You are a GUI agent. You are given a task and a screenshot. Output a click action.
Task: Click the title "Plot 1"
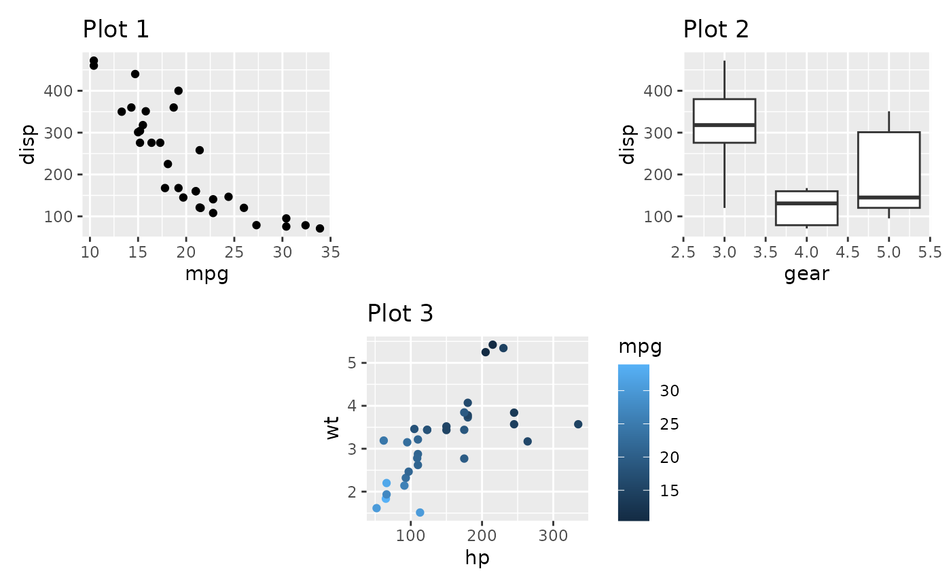tap(115, 30)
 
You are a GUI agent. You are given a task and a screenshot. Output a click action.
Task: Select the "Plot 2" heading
tap(716, 30)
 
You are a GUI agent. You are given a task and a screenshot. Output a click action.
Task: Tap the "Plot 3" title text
tap(400, 313)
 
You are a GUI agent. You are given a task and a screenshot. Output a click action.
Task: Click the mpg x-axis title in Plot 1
tap(206, 275)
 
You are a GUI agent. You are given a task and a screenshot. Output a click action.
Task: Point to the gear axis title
tap(806, 275)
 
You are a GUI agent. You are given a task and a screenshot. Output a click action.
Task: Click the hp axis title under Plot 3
tap(477, 558)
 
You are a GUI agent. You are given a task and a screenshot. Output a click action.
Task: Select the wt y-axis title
tap(332, 429)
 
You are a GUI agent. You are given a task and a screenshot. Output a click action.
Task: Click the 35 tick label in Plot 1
tap(330, 253)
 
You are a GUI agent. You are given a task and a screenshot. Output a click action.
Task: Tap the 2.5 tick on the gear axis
tap(684, 253)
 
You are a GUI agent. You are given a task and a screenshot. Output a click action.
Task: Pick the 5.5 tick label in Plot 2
tap(929, 253)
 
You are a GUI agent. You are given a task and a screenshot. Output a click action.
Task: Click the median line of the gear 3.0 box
tap(725, 125)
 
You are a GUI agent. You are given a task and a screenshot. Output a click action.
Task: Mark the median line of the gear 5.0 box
tap(889, 198)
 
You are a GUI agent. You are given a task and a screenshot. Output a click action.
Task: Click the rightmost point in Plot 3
tap(578, 424)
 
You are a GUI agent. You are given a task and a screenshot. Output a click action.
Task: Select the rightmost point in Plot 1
tap(320, 228)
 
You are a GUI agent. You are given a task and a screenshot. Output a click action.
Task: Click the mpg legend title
tap(640, 347)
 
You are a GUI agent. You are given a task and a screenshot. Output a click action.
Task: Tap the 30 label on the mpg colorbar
tap(669, 392)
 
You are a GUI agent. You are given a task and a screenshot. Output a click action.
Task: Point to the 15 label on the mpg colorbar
tap(669, 491)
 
